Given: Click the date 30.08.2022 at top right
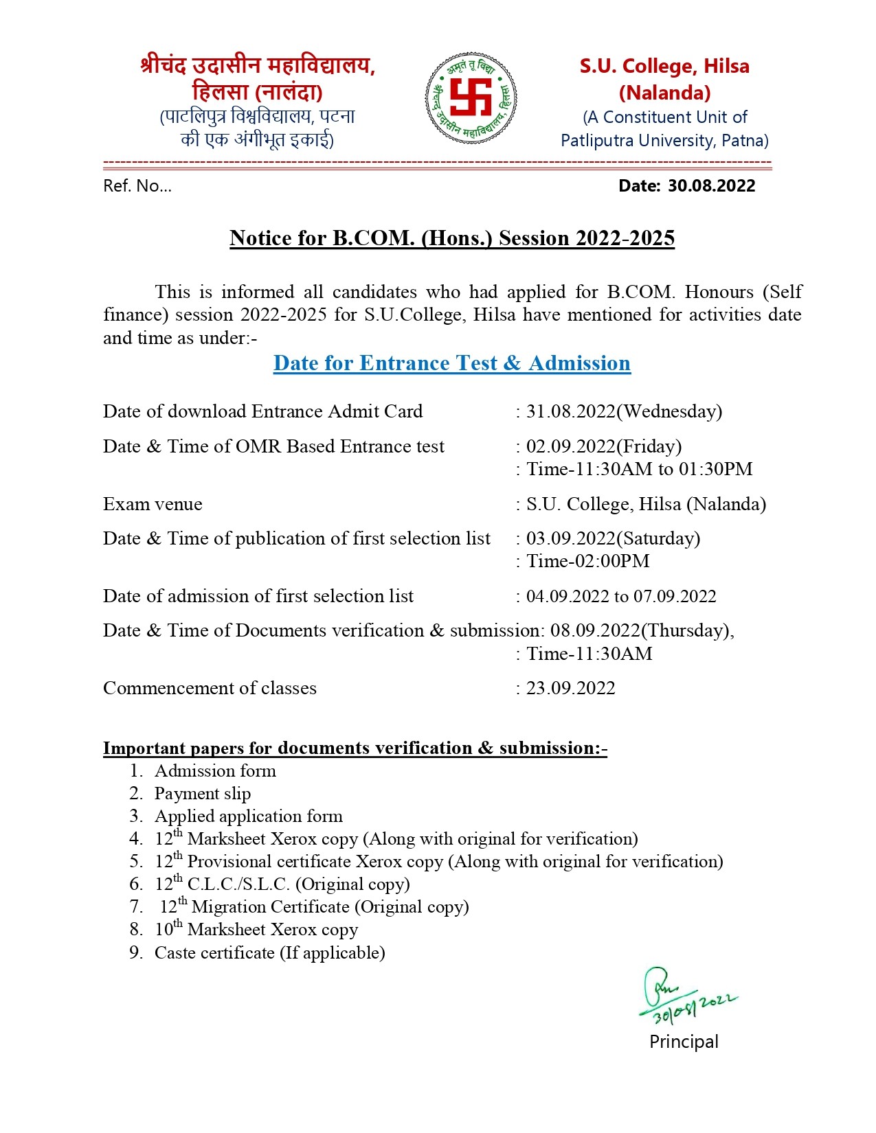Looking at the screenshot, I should (x=711, y=186).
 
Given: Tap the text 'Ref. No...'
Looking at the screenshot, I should (x=137, y=186).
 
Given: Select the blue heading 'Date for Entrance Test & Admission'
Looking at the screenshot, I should (x=451, y=363).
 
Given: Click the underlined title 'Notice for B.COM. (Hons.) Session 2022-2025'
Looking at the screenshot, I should (x=451, y=238).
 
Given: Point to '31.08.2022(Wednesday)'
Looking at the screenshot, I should (x=624, y=411).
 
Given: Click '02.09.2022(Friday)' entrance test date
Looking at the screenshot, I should (x=603, y=446).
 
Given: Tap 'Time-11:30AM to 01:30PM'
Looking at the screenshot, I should (x=639, y=469).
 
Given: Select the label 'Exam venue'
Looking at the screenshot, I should (x=153, y=504).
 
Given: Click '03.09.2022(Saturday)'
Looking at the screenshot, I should (x=613, y=538).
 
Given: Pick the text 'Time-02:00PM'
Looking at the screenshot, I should (x=587, y=561).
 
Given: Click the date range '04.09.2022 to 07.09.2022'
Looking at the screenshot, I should (x=621, y=596).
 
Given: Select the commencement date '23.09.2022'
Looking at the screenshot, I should (x=570, y=688).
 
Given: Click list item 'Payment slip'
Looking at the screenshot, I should (x=203, y=794).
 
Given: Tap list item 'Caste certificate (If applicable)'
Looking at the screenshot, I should (x=269, y=953).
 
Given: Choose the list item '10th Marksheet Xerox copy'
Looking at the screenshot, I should (x=256, y=930).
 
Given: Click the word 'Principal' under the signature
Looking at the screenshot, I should (x=684, y=1042).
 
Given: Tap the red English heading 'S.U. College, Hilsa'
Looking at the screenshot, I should (x=664, y=67).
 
